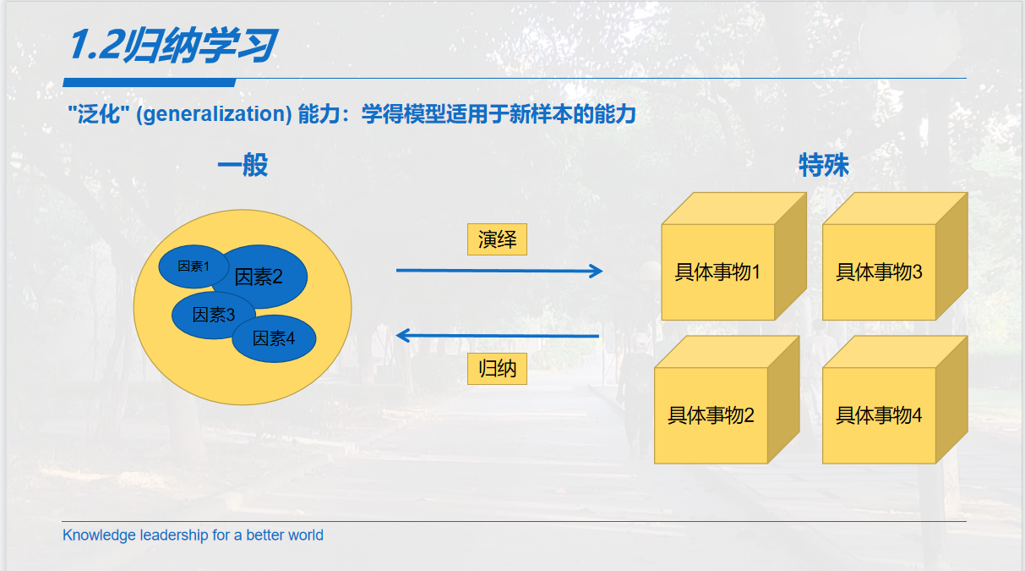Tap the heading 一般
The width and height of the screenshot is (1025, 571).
[243, 165]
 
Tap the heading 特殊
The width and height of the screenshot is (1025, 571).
[824, 165]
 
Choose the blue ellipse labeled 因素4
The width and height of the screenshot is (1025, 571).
[275, 338]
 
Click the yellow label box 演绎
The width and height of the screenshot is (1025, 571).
[497, 239]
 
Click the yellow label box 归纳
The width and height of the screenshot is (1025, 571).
[497, 369]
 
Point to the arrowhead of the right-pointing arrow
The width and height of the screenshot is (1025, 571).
[597, 272]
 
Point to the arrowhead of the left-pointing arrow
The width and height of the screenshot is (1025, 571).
[403, 336]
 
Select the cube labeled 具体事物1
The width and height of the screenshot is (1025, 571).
[718, 272]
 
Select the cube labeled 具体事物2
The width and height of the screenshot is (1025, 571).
[712, 415]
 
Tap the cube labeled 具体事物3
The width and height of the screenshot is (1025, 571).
[879, 272]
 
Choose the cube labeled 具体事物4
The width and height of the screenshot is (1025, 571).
[879, 415]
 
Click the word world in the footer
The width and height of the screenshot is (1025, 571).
[305, 535]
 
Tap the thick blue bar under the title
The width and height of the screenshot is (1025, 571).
[149, 82]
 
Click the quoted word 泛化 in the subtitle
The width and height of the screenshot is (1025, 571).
[95, 114]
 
